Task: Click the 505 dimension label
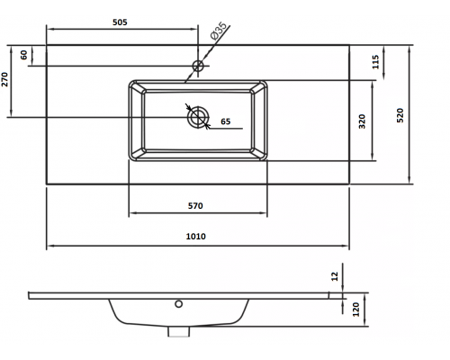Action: click(120, 22)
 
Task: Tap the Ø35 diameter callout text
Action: click(219, 31)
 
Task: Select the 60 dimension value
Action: click(23, 55)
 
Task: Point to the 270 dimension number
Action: click(5, 79)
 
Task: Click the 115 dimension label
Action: click(375, 62)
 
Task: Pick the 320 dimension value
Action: click(363, 121)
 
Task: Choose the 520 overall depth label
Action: click(400, 115)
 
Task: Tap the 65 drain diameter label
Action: click(226, 121)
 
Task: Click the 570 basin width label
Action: click(195, 206)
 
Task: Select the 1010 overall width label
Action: click(196, 237)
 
